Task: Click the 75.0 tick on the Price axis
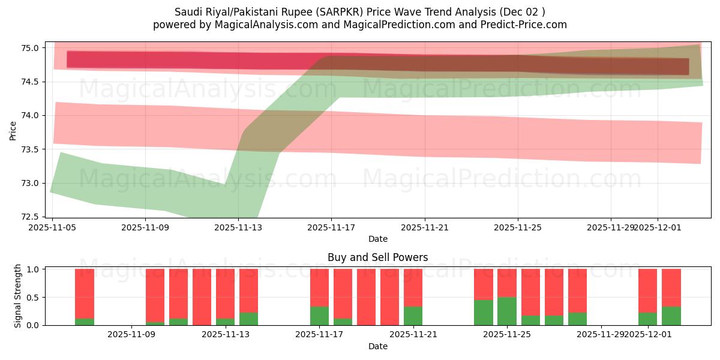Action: pyautogui.click(x=31, y=48)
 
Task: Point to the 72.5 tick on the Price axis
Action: pyautogui.click(x=31, y=217)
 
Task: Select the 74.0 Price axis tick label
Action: pyautogui.click(x=31, y=115)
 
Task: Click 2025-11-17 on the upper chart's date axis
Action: pyautogui.click(x=332, y=228)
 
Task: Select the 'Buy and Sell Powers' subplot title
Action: pyautogui.click(x=377, y=257)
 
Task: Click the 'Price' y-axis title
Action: pyautogui.click(x=13, y=130)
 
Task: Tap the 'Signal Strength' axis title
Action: pyautogui.click(x=18, y=296)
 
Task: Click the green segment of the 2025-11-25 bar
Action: pyautogui.click(x=507, y=311)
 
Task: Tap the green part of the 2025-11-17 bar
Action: pyautogui.click(x=319, y=316)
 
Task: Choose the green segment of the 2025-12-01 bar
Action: pyautogui.click(x=647, y=319)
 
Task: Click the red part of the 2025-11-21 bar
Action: pyautogui.click(x=413, y=287)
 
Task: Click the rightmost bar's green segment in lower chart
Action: pyautogui.click(x=671, y=316)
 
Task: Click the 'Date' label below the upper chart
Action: pyautogui.click(x=377, y=239)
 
